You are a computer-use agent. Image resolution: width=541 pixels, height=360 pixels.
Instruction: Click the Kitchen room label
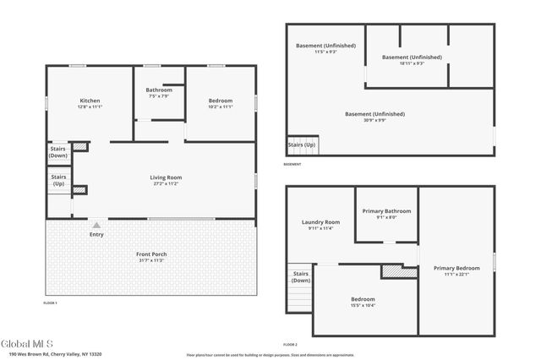click(x=90, y=101)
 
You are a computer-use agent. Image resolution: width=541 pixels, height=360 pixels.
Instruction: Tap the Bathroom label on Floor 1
click(x=159, y=90)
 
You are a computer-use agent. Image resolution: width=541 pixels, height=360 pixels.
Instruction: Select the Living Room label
click(x=167, y=177)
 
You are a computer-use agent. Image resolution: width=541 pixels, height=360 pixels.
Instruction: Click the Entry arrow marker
click(x=96, y=226)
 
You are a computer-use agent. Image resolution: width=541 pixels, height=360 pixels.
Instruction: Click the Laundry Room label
click(x=321, y=222)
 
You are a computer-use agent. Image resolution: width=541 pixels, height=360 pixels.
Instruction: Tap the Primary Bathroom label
click(x=386, y=211)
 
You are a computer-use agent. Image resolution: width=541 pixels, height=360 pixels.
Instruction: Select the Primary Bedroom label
click(x=456, y=268)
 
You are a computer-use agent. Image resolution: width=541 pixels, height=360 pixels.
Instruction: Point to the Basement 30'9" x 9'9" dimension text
click(x=374, y=120)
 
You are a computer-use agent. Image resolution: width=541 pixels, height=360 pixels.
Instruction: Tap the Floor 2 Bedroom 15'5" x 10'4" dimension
click(x=363, y=306)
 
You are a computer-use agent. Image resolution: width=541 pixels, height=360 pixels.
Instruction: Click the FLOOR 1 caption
click(x=51, y=302)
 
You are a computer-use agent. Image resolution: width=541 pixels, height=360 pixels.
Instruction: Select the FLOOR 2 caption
click(x=291, y=345)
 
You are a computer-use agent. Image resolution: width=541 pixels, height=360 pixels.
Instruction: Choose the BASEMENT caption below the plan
click(x=292, y=164)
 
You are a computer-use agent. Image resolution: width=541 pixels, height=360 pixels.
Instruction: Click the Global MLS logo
click(x=28, y=344)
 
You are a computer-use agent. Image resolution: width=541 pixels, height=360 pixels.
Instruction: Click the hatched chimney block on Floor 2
click(x=393, y=272)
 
